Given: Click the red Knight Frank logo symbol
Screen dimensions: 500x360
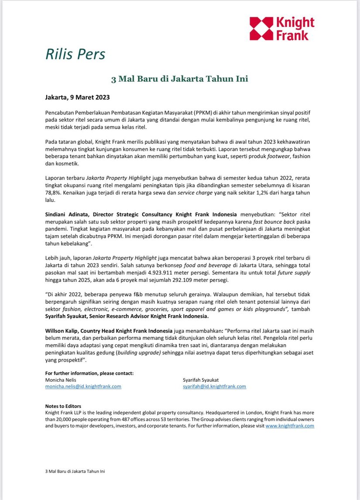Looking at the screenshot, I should [261, 29].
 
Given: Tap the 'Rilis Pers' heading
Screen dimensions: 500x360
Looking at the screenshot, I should [75, 55].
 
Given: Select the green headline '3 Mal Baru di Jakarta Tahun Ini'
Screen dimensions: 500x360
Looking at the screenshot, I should [180, 79].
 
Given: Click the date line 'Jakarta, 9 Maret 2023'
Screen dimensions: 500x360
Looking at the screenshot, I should [77, 97].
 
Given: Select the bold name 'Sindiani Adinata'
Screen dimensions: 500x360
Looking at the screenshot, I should [68, 214].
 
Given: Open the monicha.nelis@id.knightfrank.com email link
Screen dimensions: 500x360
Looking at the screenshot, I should [83, 387].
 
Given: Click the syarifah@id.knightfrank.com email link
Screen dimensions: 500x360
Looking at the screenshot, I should [214, 387].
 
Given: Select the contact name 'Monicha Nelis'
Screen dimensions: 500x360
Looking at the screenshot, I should [61, 380].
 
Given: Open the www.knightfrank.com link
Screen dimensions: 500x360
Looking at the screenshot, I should [290, 426].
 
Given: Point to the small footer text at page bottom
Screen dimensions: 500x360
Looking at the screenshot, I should [75, 472].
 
